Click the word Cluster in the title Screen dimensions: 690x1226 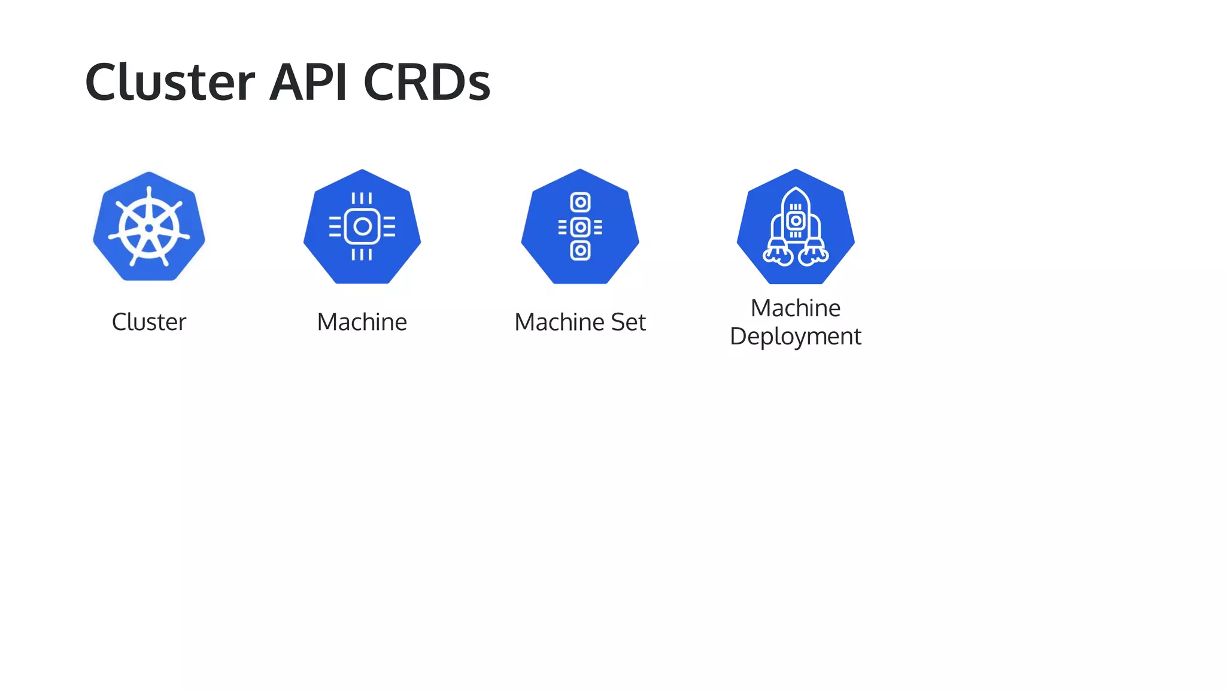[170, 82]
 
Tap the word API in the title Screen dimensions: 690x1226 [308, 82]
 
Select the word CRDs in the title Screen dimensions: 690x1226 [427, 82]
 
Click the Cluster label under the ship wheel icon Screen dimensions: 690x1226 [149, 322]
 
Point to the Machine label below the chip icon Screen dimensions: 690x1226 [362, 322]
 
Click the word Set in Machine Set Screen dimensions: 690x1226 [628, 322]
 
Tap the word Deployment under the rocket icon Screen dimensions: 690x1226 [795, 337]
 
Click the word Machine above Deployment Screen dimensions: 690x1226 [796, 308]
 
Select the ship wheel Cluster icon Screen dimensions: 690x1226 [149, 226]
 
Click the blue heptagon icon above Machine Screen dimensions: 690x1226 [362, 226]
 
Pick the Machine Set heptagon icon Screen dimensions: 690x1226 [580, 226]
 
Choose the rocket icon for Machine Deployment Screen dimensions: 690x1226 [796, 226]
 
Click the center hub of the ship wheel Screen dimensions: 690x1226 [149, 228]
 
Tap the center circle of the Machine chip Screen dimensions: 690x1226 [362, 226]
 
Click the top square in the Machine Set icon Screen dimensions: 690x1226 [580, 202]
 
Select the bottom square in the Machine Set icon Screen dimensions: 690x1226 [580, 250]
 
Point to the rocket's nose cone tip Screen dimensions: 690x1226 [796, 189]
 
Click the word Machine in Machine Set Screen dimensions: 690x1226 [559, 322]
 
